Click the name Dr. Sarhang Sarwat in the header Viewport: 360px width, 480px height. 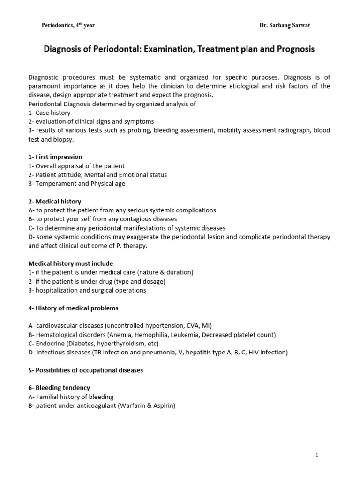point(285,25)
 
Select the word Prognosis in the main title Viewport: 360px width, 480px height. point(292,49)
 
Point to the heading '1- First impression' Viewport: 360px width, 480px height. point(55,157)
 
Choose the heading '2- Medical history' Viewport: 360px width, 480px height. point(54,202)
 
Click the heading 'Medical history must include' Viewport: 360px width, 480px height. point(70,263)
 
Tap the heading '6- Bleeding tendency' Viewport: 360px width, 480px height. point(59,388)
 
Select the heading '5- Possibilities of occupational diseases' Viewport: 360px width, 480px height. point(86,370)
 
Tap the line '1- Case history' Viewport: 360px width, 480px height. point(49,113)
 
